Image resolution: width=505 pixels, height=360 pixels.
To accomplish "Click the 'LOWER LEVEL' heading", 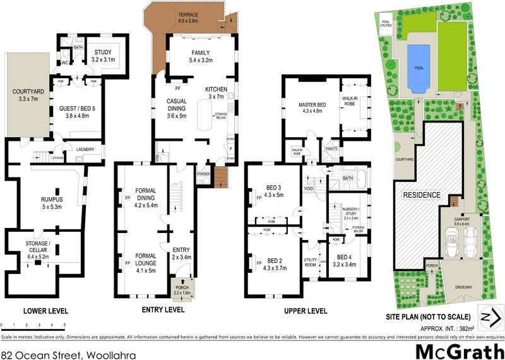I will (x=45, y=310).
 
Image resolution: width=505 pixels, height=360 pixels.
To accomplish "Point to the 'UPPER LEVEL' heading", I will (x=305, y=310).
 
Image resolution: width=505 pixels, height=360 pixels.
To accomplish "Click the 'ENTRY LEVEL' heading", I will (x=162, y=310).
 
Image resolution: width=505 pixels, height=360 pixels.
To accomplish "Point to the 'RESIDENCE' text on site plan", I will (x=422, y=195).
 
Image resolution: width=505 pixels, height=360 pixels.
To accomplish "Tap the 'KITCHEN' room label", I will (x=217, y=90).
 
